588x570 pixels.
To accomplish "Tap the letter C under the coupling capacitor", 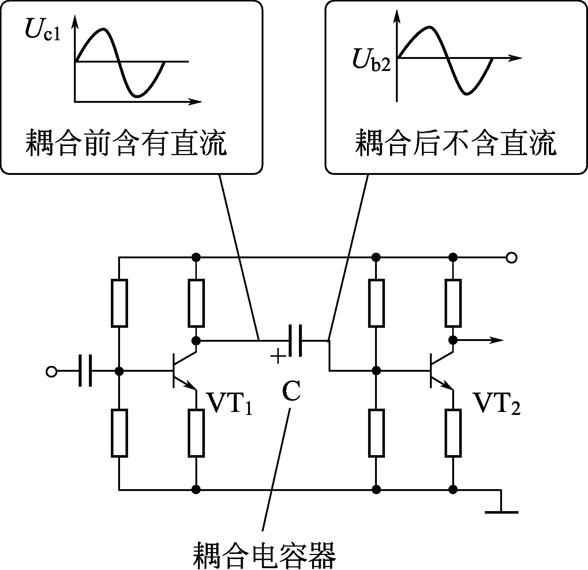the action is pyautogui.click(x=292, y=391).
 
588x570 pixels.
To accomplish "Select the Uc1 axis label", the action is pyautogui.click(x=42, y=29).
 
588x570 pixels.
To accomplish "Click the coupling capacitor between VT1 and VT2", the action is pyautogui.click(x=295, y=341).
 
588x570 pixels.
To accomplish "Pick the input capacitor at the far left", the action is pyautogui.click(x=85, y=370).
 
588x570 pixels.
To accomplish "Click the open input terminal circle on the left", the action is pyautogui.click(x=52, y=372).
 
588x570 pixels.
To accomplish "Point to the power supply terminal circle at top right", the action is pyautogui.click(x=512, y=258).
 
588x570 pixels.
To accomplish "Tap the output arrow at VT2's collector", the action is pyautogui.click(x=478, y=340).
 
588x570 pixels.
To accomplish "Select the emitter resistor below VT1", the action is pyautogui.click(x=196, y=433).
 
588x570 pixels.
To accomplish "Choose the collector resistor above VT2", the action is pyautogui.click(x=453, y=303).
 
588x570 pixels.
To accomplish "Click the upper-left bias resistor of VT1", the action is pyautogui.click(x=119, y=303).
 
